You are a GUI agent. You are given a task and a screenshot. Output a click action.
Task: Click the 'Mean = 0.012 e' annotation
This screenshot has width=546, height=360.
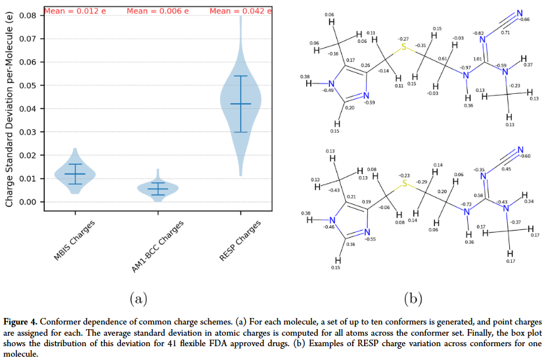74,11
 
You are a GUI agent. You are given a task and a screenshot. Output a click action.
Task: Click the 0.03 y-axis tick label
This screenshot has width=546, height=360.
28,131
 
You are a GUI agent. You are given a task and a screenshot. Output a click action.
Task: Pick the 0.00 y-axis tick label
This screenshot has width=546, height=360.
28,202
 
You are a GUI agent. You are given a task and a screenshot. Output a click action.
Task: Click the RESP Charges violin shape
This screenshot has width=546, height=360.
240,99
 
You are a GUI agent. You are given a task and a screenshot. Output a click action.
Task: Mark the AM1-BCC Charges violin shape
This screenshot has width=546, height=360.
157,189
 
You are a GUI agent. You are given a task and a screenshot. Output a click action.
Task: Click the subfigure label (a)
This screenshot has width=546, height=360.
137,298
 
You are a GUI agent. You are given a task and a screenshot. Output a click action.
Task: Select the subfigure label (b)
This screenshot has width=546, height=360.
412,298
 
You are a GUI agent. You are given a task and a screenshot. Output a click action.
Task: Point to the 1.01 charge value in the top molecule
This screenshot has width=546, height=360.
479,59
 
